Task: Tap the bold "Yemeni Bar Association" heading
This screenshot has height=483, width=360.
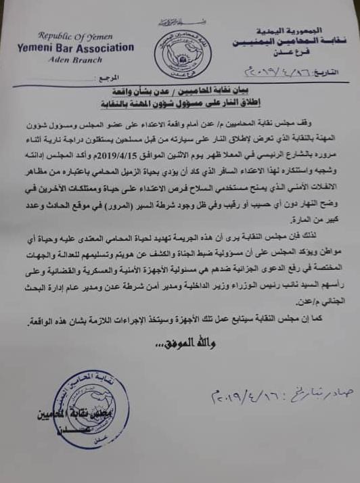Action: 76,47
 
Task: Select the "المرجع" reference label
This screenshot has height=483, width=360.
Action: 108,78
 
